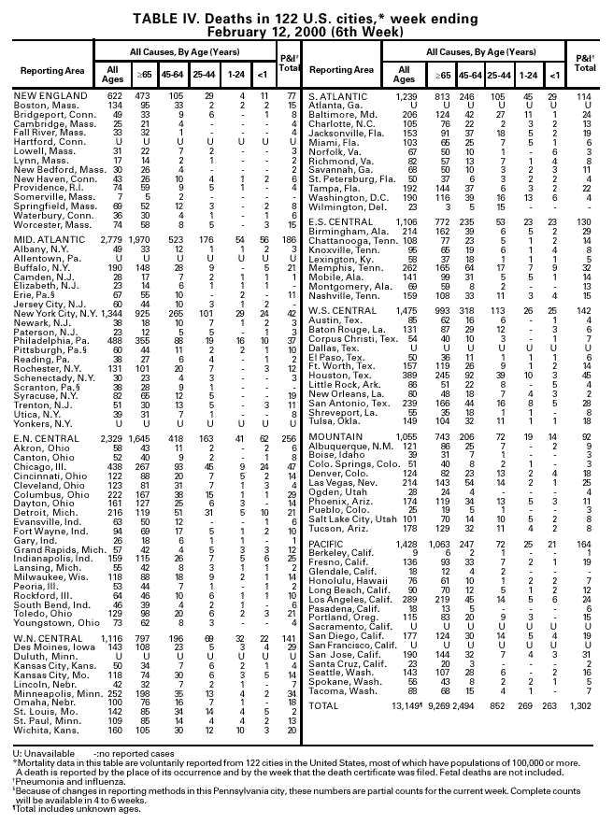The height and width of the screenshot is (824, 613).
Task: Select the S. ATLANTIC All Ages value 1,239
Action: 406,96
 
